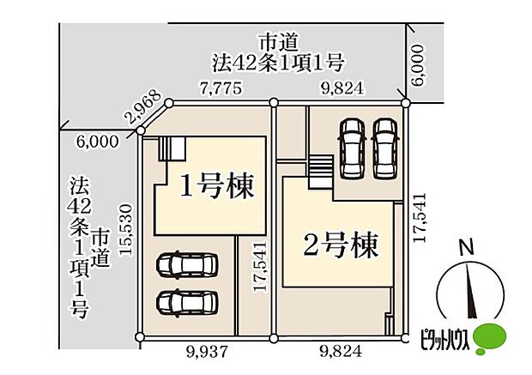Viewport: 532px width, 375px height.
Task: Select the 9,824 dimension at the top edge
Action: coord(338,87)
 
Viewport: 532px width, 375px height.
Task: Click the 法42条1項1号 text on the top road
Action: coord(278,62)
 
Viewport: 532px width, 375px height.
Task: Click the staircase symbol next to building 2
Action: coord(320,166)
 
